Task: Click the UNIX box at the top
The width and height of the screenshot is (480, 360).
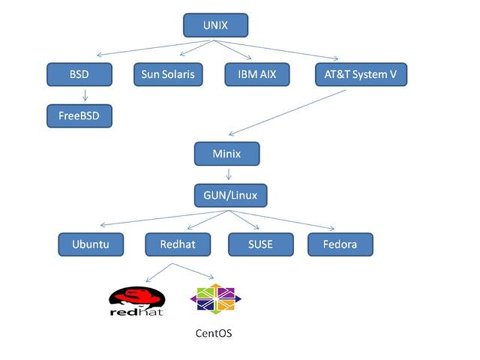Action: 215,26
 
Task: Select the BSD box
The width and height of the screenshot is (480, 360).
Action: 80,75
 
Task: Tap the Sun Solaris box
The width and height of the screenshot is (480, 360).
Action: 168,75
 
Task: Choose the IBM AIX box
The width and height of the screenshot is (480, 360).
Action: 256,75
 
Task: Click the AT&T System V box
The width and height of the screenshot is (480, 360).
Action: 361,75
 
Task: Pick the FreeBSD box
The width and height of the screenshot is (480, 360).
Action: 80,116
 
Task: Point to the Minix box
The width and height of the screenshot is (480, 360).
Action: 227,155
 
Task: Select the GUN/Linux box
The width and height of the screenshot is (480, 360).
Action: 227,196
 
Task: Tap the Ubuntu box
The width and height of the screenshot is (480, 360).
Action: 91,245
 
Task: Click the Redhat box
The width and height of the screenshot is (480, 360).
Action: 178,245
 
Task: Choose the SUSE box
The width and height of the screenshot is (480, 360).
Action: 260,245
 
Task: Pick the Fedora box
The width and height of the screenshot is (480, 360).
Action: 341,245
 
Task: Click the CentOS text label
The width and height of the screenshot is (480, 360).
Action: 214,334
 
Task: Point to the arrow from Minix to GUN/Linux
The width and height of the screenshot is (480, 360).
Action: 227,175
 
